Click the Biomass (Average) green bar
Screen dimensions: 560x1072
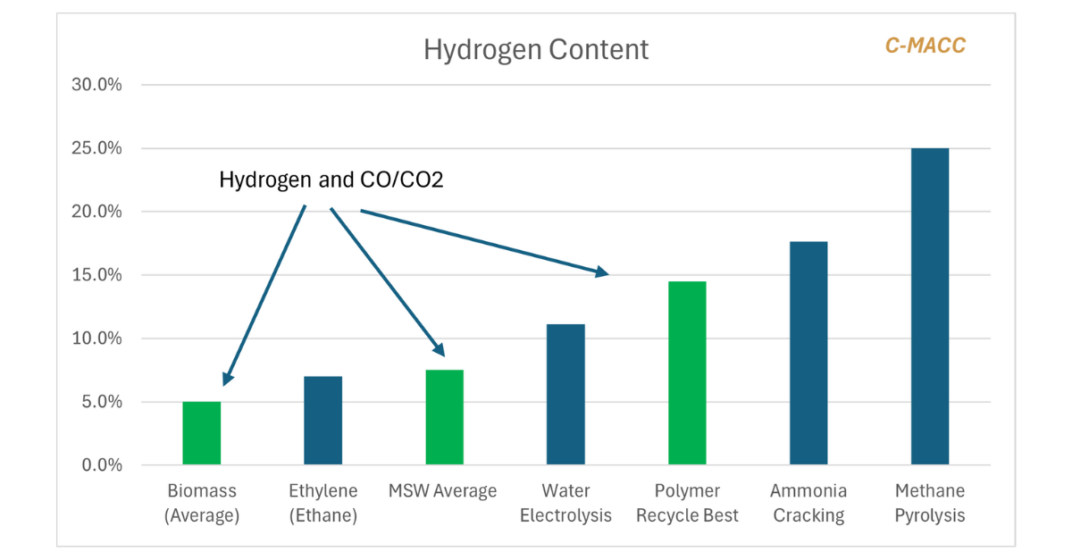click(x=201, y=433)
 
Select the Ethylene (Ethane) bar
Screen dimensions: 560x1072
click(x=322, y=421)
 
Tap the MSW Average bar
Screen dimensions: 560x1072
click(x=444, y=417)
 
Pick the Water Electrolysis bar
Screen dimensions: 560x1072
click(x=565, y=395)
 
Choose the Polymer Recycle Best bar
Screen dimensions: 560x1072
click(x=687, y=373)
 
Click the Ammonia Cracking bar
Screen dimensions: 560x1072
click(x=808, y=354)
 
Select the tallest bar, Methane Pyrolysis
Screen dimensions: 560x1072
click(x=930, y=306)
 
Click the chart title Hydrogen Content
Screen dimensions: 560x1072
click(x=536, y=49)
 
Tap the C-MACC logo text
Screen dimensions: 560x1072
click(x=925, y=46)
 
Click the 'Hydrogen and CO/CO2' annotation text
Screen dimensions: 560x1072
click(x=331, y=180)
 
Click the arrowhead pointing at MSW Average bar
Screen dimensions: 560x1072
click(x=439, y=352)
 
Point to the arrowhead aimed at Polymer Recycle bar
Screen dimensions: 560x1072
click(x=602, y=272)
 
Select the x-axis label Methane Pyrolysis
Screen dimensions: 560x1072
click(x=930, y=503)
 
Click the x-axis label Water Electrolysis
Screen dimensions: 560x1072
click(x=565, y=503)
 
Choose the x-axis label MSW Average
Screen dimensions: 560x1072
click(x=442, y=491)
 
